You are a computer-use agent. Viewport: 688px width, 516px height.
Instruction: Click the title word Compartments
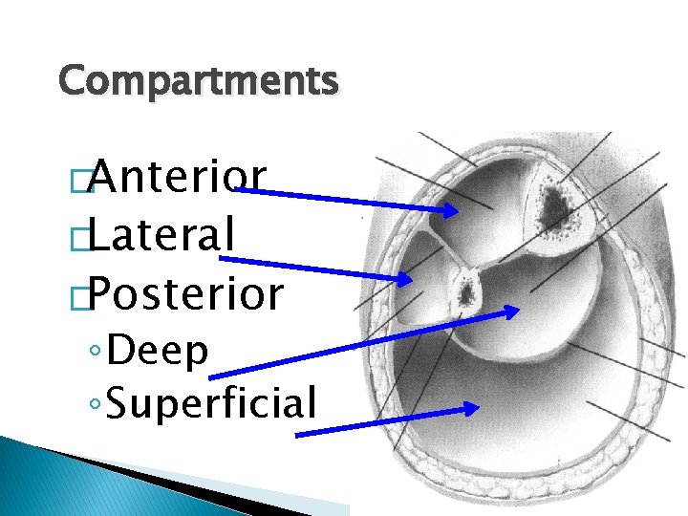[x=198, y=81]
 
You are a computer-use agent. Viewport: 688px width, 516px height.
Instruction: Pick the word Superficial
[x=212, y=402]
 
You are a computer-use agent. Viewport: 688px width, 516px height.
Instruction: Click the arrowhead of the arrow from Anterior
[x=450, y=210]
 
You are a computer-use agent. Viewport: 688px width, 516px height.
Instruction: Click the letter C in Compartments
[x=71, y=81]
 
